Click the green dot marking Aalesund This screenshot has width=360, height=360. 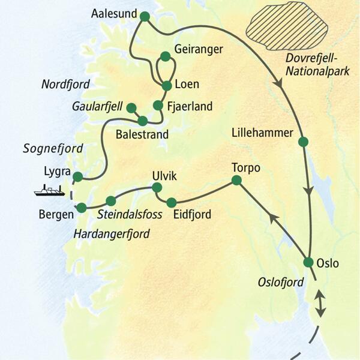pos(144,16)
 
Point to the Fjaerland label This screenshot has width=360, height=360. pos(190,107)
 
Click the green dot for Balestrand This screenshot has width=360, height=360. pos(142,121)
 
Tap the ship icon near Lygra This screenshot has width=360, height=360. pos(50,191)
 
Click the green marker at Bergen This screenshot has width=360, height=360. pos(82,208)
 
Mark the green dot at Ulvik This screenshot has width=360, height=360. pos(157,188)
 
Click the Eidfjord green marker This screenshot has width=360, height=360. pos(172,202)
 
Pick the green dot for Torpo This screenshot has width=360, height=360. pos(236,180)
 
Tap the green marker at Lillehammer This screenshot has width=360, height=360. pos(303,142)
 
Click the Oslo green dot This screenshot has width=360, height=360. pos(308,262)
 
